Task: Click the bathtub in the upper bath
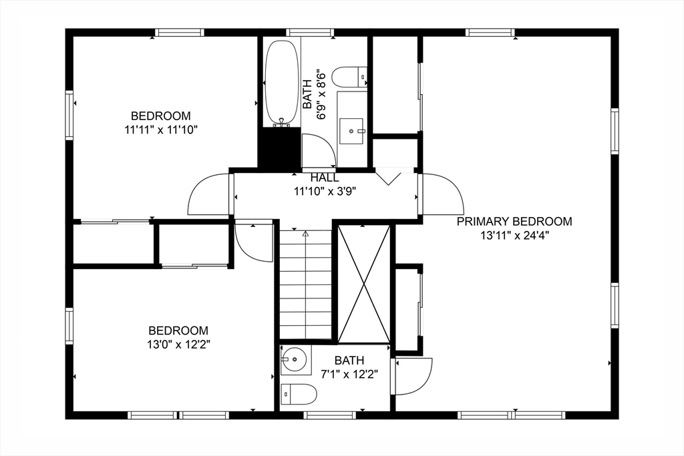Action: point(282,83)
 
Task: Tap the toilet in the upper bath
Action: point(349,77)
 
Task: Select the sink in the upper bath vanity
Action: point(351,131)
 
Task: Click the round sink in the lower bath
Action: point(295,359)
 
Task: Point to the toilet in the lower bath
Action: point(299,395)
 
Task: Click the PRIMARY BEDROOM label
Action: point(514,222)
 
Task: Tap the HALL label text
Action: point(324,178)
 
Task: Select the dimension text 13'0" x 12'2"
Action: point(179,345)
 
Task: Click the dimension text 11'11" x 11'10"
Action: point(162,130)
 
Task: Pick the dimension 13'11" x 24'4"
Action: point(514,236)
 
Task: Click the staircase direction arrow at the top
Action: point(305,234)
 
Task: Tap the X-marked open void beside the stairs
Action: point(364,283)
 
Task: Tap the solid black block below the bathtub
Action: point(279,148)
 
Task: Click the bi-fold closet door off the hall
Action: point(388,178)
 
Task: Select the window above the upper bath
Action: point(310,32)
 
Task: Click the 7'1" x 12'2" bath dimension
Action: point(349,374)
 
